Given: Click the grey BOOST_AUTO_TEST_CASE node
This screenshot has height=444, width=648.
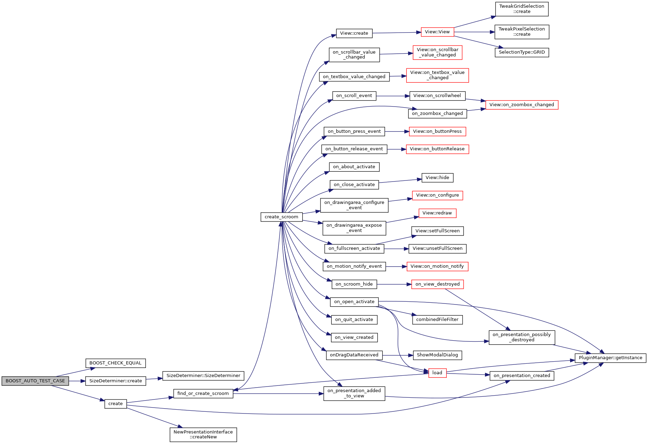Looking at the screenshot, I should (x=35, y=381).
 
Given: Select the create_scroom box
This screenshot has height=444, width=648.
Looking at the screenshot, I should (x=281, y=217).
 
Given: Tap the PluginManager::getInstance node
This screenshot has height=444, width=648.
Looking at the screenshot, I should (x=610, y=358).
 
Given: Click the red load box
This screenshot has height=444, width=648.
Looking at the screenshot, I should (x=437, y=373).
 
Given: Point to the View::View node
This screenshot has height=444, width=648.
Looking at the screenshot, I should (x=437, y=32).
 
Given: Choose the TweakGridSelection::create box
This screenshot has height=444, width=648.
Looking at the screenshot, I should (x=521, y=9).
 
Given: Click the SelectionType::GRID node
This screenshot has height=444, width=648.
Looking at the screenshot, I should (x=521, y=52).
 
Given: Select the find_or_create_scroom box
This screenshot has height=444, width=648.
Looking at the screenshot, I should (x=203, y=394).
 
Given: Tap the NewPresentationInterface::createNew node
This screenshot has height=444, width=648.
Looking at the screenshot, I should (x=203, y=435).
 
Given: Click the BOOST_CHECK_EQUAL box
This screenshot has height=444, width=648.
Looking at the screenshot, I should (x=115, y=363).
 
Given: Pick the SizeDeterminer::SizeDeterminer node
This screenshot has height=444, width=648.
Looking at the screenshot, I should (x=203, y=376).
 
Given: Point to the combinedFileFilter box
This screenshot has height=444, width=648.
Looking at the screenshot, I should (x=437, y=320).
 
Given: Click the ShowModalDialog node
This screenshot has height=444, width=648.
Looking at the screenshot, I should (x=437, y=355).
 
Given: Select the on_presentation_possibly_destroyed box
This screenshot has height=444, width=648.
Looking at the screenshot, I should (x=521, y=337).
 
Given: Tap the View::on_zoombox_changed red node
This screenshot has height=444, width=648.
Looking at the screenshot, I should (x=521, y=105).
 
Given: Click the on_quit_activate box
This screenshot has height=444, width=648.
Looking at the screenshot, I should (x=354, y=320).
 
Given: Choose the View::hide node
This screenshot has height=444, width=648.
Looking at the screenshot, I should (x=437, y=178).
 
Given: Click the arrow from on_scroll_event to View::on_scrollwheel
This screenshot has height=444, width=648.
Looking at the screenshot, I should (x=393, y=96).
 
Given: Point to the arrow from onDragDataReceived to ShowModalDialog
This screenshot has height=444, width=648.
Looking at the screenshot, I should (x=398, y=355).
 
